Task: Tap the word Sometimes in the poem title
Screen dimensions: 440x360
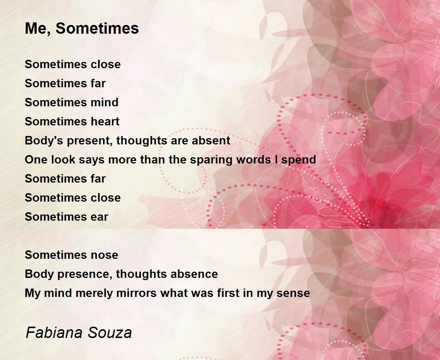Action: tap(97, 28)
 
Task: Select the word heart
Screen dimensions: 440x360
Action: tap(105, 121)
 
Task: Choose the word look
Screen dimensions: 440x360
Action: tap(63, 159)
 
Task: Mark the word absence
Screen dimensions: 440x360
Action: tap(194, 274)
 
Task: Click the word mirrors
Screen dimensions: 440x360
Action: tap(136, 293)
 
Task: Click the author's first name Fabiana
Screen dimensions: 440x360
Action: tap(54, 332)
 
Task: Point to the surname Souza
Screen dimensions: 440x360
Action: tap(110, 333)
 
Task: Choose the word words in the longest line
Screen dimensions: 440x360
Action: tap(253, 159)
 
